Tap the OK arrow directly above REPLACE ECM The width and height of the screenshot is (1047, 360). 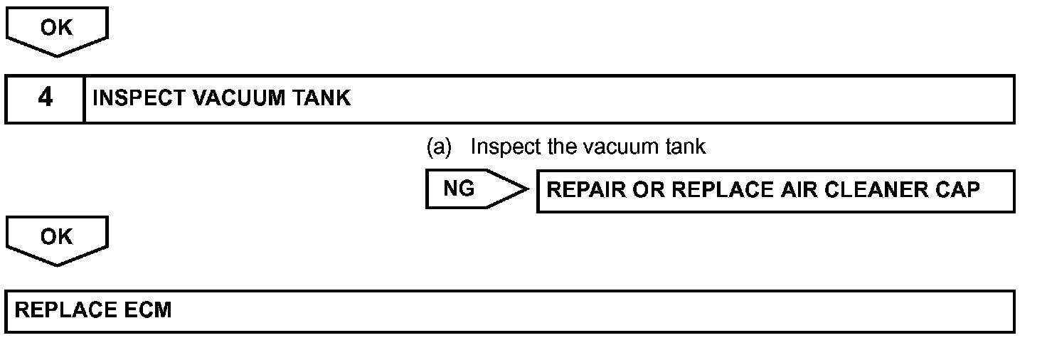(x=56, y=238)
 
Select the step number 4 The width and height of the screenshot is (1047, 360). (x=45, y=97)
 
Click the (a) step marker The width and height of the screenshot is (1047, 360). (x=439, y=147)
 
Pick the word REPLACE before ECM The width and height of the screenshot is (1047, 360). (x=65, y=310)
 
